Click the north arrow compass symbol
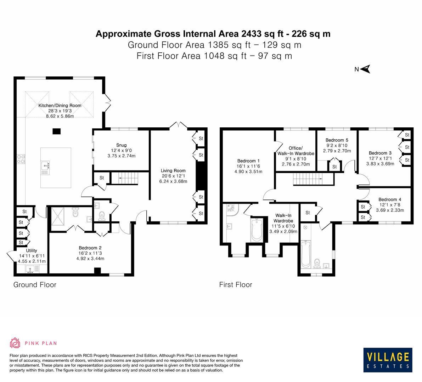[x=366, y=69]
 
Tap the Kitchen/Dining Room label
[x=60, y=105]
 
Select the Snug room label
[x=121, y=145]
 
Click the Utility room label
[x=32, y=251]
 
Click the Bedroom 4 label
[x=390, y=199]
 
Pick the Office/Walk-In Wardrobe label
[x=296, y=151]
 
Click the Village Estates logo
[x=388, y=360]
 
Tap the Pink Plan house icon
[x=15, y=343]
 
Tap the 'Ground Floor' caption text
[x=35, y=285]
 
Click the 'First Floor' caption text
[x=236, y=285]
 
